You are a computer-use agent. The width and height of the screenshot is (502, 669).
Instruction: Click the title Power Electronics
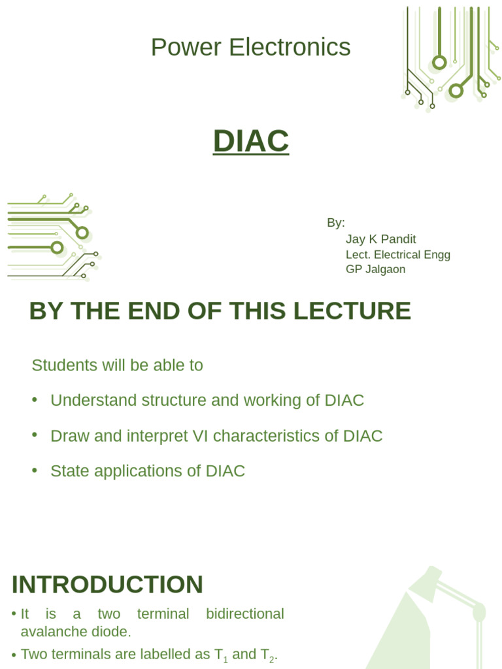250,48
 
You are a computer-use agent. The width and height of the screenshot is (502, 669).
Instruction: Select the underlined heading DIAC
250,140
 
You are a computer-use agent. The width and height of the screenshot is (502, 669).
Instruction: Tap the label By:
335,223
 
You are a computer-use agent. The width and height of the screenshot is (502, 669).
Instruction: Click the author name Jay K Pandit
380,239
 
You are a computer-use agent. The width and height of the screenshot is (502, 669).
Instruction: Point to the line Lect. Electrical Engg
397,255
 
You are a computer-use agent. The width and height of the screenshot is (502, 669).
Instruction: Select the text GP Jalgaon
375,269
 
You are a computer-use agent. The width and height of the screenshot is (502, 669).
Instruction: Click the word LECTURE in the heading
352,311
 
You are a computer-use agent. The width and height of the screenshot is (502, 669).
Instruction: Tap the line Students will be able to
117,365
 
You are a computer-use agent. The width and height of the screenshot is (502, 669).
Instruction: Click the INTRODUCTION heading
107,585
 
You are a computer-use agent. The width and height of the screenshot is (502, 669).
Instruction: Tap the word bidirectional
244,614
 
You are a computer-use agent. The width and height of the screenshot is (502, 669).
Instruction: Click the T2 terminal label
267,655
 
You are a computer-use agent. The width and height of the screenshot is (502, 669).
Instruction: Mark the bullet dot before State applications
34,470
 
